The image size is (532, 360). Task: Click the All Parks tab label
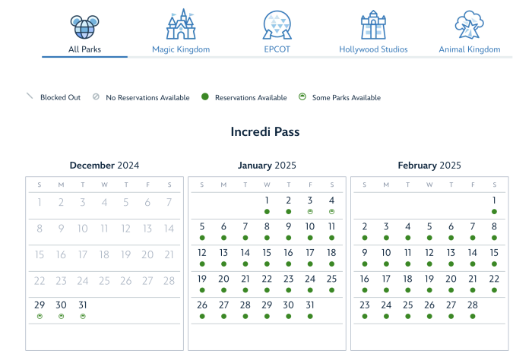point(84,49)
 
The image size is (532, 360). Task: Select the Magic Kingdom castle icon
point(181,24)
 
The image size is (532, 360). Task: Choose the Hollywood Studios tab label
point(373,49)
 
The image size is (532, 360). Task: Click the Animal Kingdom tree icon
point(469,24)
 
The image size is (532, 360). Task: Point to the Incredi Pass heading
point(265,132)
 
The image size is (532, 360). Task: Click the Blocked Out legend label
point(60,97)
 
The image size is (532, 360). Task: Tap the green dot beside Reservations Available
point(205,97)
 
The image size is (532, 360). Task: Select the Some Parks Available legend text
point(347,97)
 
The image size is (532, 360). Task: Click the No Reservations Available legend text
point(147,97)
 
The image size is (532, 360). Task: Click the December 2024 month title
point(104,165)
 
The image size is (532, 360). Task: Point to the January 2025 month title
point(267,165)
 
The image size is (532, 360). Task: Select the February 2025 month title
point(429,165)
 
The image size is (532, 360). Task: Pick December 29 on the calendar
point(40,305)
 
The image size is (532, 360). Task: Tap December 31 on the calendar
point(83,305)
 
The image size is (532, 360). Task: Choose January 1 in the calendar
point(267,201)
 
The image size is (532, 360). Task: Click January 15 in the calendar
point(267,253)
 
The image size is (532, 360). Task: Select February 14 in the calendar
point(473,253)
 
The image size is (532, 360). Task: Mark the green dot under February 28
point(473,315)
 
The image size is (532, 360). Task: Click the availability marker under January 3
point(310,212)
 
